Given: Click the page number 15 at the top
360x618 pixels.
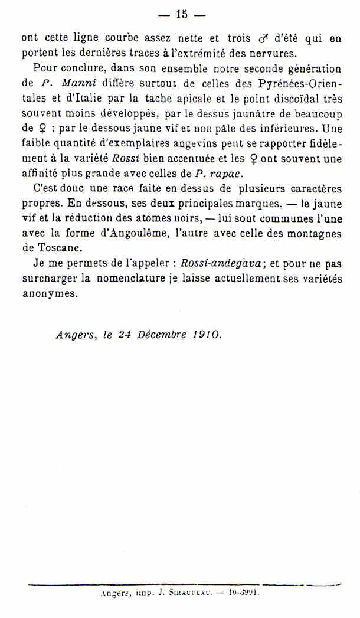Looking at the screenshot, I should [x=181, y=15].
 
